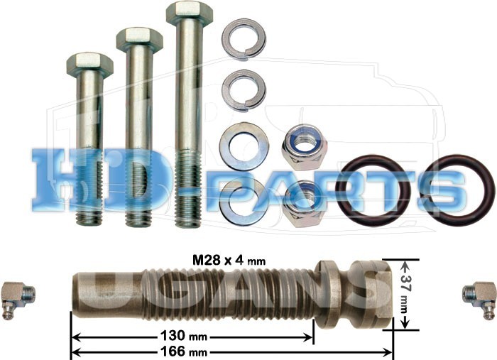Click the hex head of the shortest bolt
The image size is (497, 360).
tap(89, 65)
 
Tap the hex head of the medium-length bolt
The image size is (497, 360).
tap(139, 40)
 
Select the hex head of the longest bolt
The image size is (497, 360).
tap(190, 13)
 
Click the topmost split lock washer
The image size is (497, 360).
tap(244, 39)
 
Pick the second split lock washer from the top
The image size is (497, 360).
tap(244, 90)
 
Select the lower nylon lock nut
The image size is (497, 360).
tap(305, 204)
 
